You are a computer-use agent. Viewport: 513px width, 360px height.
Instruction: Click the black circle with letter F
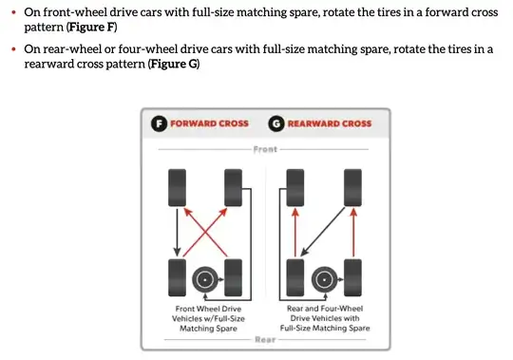coord(159,123)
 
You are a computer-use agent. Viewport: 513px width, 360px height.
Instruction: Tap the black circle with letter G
coord(276,123)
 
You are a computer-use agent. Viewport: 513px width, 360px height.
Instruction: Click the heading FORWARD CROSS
coord(209,123)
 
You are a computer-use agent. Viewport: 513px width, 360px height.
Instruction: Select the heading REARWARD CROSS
coord(330,123)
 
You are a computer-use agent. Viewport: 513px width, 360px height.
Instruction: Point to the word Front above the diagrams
coord(265,149)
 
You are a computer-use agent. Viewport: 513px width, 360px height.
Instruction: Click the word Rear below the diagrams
coord(265,340)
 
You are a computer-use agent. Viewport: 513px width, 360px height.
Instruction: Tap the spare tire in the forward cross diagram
coord(205,280)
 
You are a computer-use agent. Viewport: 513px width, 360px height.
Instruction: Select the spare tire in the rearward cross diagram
coord(324,280)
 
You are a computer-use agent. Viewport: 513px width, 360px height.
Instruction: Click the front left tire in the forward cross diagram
coord(177,188)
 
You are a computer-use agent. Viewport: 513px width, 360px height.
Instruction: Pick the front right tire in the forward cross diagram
coord(234,188)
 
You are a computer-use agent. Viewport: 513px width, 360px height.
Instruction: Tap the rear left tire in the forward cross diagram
coord(177,278)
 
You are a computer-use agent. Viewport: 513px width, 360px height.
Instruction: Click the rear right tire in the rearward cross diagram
coord(352,278)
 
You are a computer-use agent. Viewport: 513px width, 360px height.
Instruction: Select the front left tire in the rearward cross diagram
coord(295,188)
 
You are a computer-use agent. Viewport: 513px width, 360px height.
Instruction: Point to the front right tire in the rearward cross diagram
coord(352,188)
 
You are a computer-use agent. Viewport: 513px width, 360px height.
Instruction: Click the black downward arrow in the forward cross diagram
coord(177,233)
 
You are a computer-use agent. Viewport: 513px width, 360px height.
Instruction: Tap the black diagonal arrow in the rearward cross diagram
coord(323,232)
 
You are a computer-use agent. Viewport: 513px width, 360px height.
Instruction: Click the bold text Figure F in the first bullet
coord(92,28)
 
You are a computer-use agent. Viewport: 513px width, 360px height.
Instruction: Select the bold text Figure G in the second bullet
coord(174,64)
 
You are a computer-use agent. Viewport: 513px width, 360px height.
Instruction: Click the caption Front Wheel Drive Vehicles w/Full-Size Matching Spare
coord(208,318)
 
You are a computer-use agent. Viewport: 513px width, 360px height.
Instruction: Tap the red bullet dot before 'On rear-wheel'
coord(13,49)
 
